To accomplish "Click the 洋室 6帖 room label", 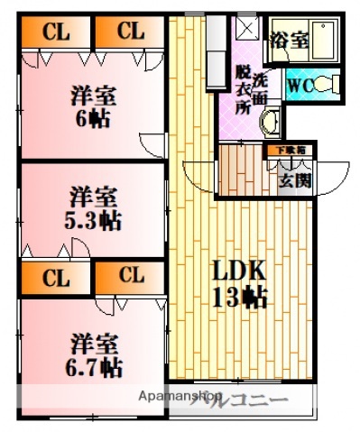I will [91, 106].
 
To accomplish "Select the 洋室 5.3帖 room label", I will [93, 207].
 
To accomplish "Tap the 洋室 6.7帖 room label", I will [94, 354].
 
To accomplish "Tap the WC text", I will [300, 87].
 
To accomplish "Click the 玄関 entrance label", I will [295, 180].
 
